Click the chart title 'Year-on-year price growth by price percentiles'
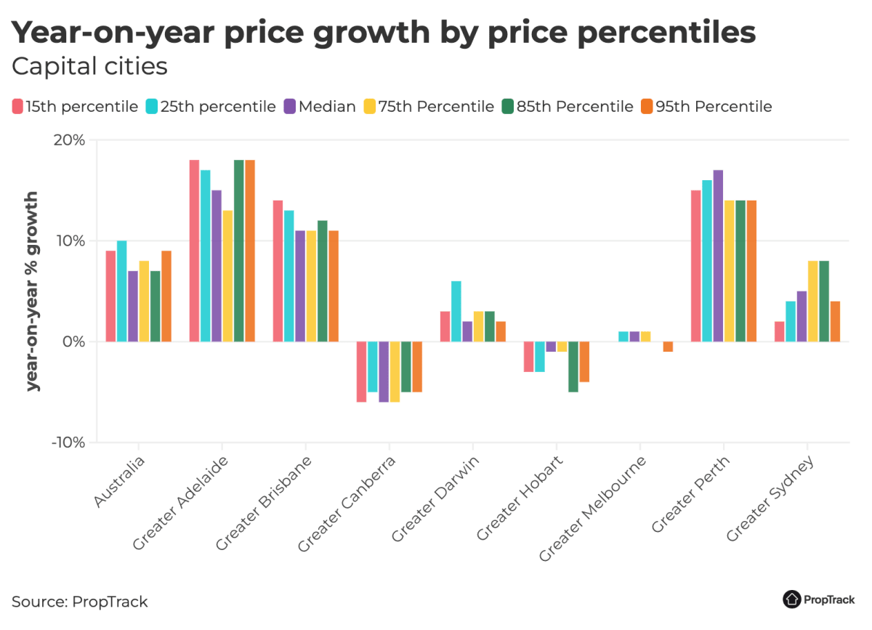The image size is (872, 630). point(384,33)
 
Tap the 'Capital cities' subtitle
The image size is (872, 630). point(89,67)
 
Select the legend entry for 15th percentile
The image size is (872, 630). point(75,107)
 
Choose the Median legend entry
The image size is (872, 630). point(320,107)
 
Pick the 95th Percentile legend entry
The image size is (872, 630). point(706,107)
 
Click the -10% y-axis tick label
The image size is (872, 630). point(67,443)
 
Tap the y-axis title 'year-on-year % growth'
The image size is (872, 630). point(33,291)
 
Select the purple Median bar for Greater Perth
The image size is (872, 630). point(718,256)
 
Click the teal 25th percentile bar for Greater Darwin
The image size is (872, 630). point(456,311)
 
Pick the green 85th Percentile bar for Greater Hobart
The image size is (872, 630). point(573,366)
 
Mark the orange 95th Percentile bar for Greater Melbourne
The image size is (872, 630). point(668,347)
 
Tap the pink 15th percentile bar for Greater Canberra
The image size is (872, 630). point(362,371)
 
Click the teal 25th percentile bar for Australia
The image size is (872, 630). point(122,291)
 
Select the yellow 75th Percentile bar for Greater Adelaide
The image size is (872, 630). point(227,276)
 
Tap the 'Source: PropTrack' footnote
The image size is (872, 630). point(80,602)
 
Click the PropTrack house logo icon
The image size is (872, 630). point(791,599)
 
